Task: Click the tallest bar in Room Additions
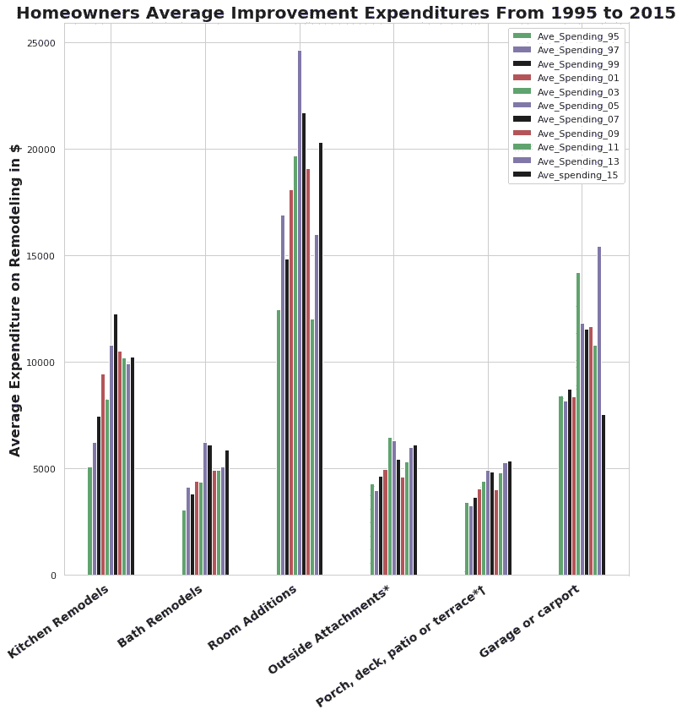pyautogui.click(x=299, y=313)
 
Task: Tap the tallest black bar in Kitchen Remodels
pyautogui.click(x=116, y=445)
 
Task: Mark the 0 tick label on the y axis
pyautogui.click(x=53, y=576)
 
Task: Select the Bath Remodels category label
pyautogui.click(x=160, y=616)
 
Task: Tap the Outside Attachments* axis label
pyautogui.click(x=329, y=629)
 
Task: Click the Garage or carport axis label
pyautogui.click(x=529, y=620)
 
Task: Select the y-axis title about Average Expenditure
pyautogui.click(x=15, y=300)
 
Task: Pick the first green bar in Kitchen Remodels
pyautogui.click(x=90, y=521)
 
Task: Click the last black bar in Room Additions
pyautogui.click(x=321, y=359)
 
